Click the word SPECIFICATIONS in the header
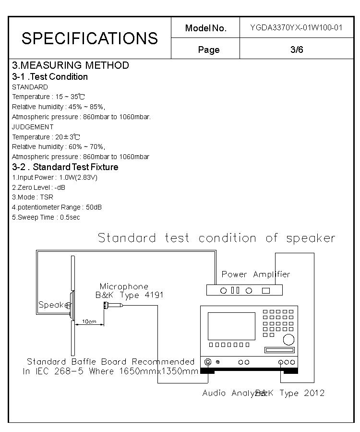[x=90, y=38]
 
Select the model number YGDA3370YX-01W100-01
[x=296, y=27]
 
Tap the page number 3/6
[x=297, y=49]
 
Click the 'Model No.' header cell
[x=205, y=28]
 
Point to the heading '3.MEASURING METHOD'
[x=71, y=65]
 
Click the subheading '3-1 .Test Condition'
[x=50, y=77]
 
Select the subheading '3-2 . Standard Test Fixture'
[x=65, y=167]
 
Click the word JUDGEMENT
[x=33, y=127]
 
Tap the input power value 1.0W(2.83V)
[x=78, y=177]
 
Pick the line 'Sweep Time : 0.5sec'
[x=46, y=217]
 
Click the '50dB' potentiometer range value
[x=93, y=207]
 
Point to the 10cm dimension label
[x=89, y=321]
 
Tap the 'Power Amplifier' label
[x=256, y=274]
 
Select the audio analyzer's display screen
[x=231, y=326]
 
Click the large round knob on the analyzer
[x=288, y=340]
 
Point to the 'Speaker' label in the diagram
[x=55, y=305]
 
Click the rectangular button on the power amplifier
[x=266, y=290]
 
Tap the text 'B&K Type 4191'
[x=129, y=295]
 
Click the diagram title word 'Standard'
[x=127, y=238]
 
